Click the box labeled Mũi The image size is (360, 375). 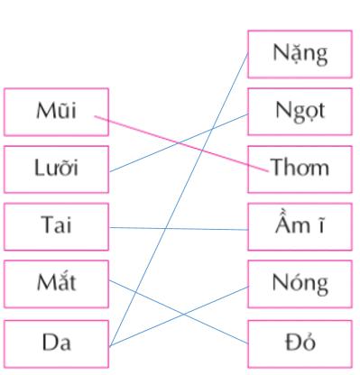(55, 112)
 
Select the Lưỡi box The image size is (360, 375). (55, 169)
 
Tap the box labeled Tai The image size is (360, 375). (55, 226)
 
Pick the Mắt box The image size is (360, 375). (55, 284)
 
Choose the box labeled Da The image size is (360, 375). (55, 343)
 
